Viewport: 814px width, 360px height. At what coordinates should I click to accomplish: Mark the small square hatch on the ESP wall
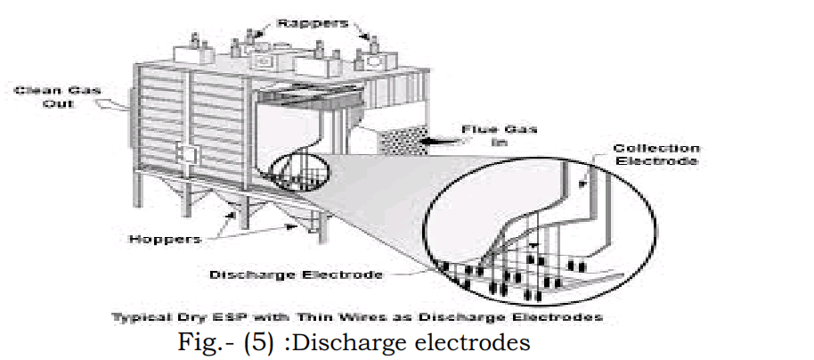point(187,153)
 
